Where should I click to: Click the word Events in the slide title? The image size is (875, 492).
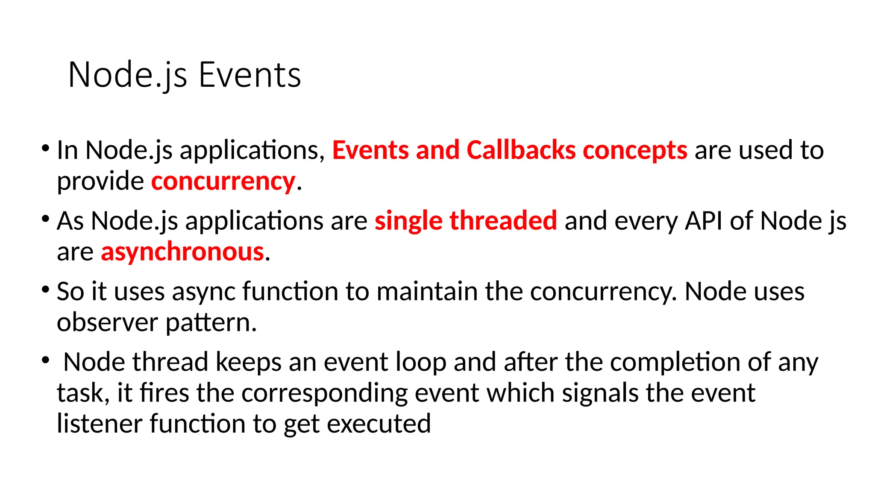[x=250, y=75]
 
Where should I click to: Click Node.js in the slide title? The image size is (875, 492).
[x=127, y=75]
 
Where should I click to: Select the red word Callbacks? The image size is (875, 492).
[x=521, y=150]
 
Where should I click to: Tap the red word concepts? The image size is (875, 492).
[x=635, y=150]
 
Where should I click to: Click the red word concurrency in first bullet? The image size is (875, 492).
[x=223, y=182]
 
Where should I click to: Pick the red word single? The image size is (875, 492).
[x=408, y=221]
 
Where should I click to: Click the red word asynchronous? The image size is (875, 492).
[x=182, y=252]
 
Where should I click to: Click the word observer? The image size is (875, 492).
[x=107, y=322]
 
